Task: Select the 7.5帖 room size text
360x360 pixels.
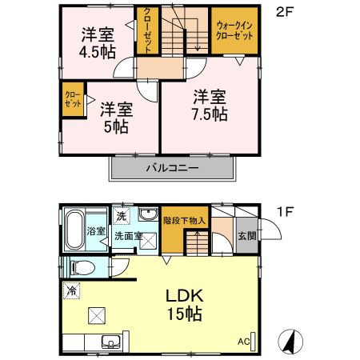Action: click(x=210, y=114)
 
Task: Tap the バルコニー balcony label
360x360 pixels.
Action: click(x=172, y=169)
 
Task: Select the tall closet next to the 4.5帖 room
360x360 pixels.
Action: click(x=147, y=30)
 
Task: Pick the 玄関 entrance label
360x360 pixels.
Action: click(x=246, y=236)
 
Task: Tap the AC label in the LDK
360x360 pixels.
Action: click(x=243, y=342)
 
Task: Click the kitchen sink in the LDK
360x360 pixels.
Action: click(x=110, y=343)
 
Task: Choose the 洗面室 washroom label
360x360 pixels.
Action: click(x=128, y=237)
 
